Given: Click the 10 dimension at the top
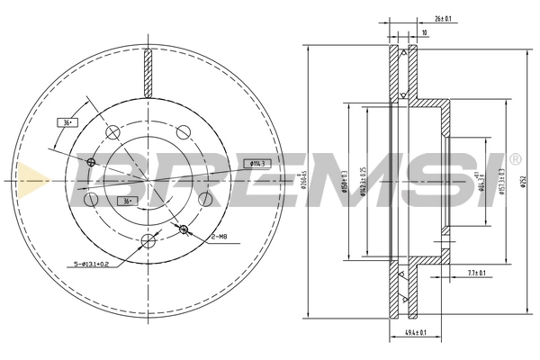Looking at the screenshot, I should [423, 33].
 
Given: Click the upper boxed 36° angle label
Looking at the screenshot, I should [67, 121].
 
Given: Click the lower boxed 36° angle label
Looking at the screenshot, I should [128, 200].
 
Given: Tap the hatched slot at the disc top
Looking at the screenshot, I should [148, 72].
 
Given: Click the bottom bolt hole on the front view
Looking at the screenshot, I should [148, 238].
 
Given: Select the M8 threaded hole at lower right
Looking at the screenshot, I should [184, 229].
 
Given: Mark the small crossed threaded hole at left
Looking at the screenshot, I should [92, 162].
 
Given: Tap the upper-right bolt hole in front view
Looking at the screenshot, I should [184, 131].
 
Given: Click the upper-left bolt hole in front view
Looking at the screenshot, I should [113, 132].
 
